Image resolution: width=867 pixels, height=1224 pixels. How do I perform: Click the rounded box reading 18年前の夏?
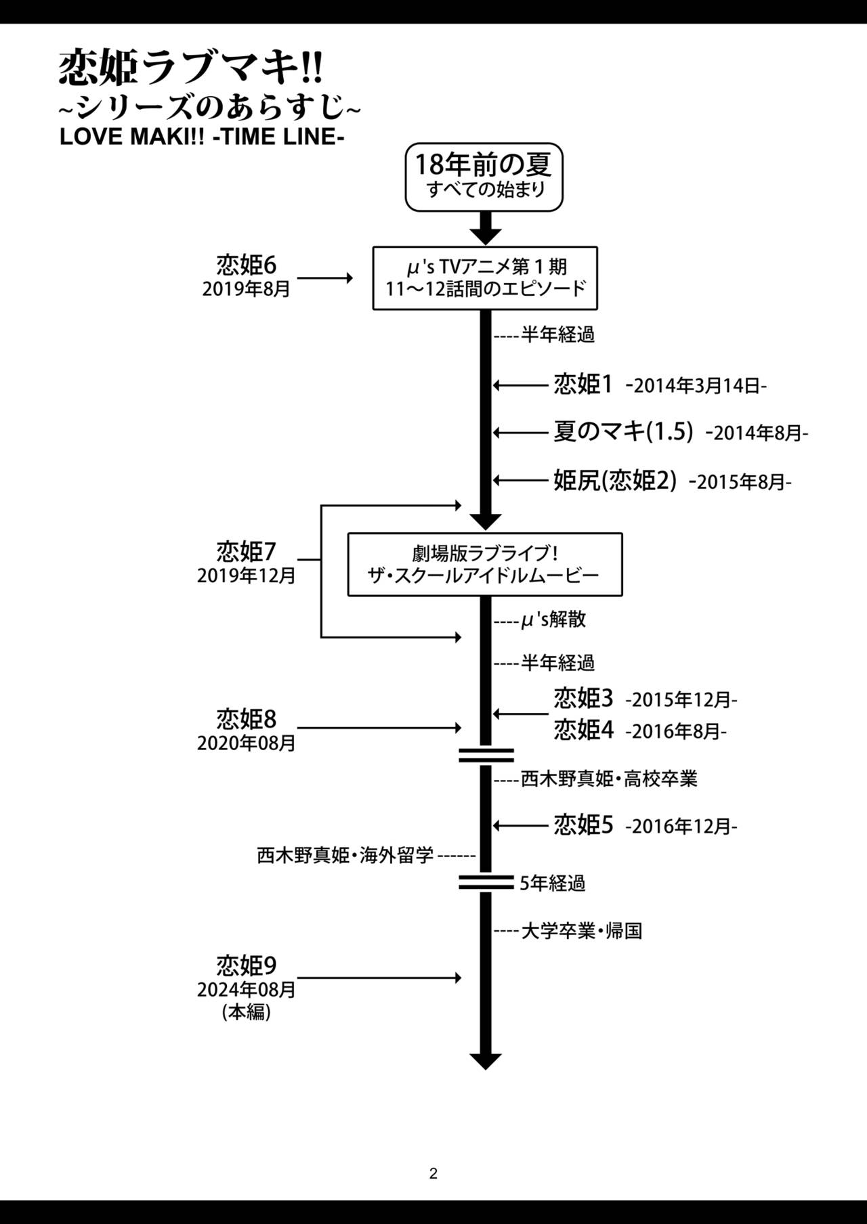point(484,177)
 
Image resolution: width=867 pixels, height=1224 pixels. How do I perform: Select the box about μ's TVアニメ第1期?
point(485,278)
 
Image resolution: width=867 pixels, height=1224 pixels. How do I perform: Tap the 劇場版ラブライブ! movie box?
point(485,565)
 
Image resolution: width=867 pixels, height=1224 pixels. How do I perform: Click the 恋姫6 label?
point(247,264)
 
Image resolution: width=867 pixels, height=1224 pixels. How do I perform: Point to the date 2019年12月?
point(247,576)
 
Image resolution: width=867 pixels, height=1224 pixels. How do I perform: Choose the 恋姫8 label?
point(247,718)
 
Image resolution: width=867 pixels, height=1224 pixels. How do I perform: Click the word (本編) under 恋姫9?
point(247,1012)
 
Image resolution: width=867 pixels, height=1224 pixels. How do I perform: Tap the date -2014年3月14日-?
point(696,387)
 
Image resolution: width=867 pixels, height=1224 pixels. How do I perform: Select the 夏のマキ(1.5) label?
point(623,432)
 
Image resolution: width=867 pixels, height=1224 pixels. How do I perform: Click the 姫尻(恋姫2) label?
point(615,481)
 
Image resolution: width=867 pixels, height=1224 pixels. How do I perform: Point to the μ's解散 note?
point(553,619)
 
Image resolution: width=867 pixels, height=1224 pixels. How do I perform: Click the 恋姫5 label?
point(584,825)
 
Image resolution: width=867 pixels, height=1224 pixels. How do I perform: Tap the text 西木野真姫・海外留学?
point(345,856)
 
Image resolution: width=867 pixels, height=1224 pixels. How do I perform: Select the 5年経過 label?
point(553,883)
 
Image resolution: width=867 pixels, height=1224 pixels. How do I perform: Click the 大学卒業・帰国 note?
point(581,931)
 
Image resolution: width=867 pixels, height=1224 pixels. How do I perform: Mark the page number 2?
point(433,1174)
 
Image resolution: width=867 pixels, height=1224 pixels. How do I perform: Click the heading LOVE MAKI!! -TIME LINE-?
point(202,136)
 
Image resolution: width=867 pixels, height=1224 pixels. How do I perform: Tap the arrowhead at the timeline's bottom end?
point(485,1062)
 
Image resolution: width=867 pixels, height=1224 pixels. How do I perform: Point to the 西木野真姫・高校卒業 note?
point(608,779)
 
